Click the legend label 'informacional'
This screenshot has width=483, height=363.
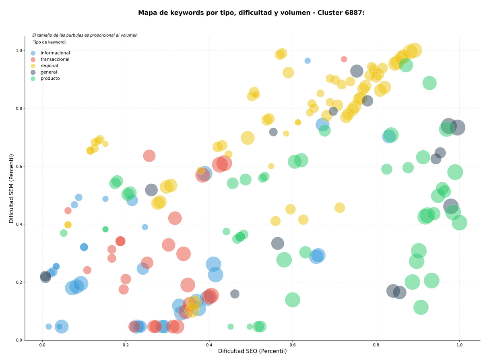[x=55, y=53]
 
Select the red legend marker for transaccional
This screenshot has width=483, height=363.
[x=33, y=60]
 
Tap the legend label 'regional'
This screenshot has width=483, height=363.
[x=49, y=66]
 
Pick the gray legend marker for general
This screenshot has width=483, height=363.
[x=33, y=72]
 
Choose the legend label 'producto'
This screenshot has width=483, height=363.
[x=50, y=79]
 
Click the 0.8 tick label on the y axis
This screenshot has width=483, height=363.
[x=19, y=108]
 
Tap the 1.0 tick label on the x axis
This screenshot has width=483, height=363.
[x=459, y=345]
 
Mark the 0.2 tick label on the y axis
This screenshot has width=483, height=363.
[x=19, y=282]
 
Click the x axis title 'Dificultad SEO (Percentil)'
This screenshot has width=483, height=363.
[x=252, y=351]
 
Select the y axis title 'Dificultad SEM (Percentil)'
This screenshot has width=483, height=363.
[x=11, y=189]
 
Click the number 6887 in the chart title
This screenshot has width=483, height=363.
[x=353, y=13]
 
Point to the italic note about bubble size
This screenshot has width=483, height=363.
[x=85, y=35]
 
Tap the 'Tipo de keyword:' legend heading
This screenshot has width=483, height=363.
[x=49, y=42]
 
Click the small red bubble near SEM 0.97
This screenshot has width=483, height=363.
[x=344, y=59]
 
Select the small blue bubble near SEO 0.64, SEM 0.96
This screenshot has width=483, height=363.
[x=308, y=60]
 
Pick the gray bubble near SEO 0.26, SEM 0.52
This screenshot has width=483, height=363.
[x=151, y=190]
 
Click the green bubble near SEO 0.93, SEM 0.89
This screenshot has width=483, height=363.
[x=429, y=83]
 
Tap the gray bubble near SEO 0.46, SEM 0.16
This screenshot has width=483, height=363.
[x=235, y=294]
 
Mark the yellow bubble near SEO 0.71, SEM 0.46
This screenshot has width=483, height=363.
[x=340, y=208]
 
